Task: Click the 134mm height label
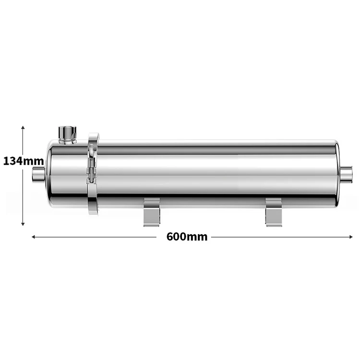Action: point(24,161)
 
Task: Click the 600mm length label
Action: point(187,237)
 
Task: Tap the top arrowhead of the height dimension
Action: point(23,128)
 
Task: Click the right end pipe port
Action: point(347,174)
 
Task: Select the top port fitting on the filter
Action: point(67,133)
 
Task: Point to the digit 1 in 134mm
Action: point(6,161)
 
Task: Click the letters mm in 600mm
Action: point(198,237)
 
